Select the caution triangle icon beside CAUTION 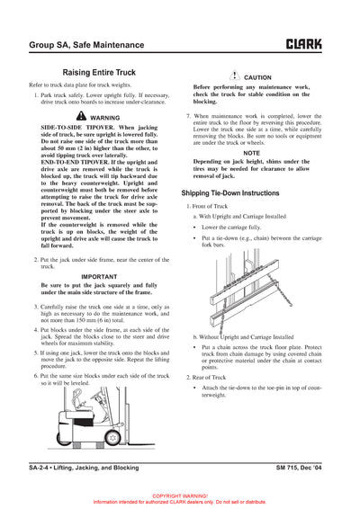point(232,77)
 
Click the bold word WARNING point(105,118)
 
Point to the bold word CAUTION point(257,78)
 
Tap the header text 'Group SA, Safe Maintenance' point(80,43)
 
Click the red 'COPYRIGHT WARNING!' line point(180,496)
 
